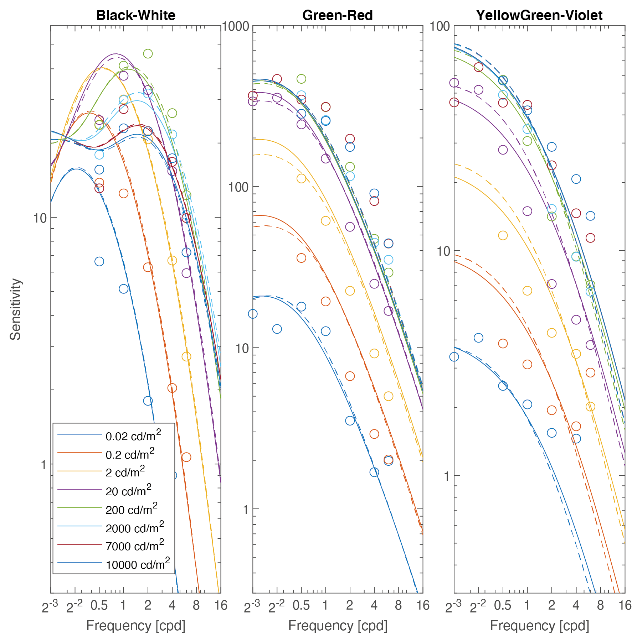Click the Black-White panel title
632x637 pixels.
[x=136, y=15]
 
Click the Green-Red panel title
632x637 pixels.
[x=337, y=15]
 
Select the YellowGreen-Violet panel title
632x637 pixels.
[x=539, y=15]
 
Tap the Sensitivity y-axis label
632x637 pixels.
[x=16, y=309]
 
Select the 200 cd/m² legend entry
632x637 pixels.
[x=131, y=509]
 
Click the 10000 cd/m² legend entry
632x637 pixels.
[x=138, y=564]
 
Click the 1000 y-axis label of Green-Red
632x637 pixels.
[x=236, y=26]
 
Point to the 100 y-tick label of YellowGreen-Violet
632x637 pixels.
[x=440, y=26]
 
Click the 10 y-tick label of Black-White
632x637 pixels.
[x=40, y=218]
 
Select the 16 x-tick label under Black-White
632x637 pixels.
[x=221, y=605]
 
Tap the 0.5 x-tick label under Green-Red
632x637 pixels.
[x=301, y=605]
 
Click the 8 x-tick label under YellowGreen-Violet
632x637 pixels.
[x=601, y=605]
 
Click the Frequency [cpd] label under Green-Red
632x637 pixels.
[x=338, y=625]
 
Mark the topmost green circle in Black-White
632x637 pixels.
[x=148, y=54]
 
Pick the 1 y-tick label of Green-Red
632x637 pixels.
[x=245, y=510]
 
